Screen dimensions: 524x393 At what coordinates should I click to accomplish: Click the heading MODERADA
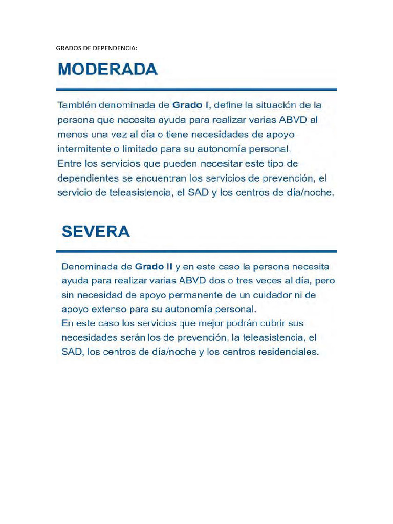(107, 69)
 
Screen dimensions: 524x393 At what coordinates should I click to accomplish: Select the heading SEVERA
(96, 232)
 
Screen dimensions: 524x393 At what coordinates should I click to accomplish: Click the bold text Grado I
(190, 105)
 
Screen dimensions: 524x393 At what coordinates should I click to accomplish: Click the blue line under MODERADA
(196, 90)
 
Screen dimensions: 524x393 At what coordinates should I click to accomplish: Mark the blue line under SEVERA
(196, 251)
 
